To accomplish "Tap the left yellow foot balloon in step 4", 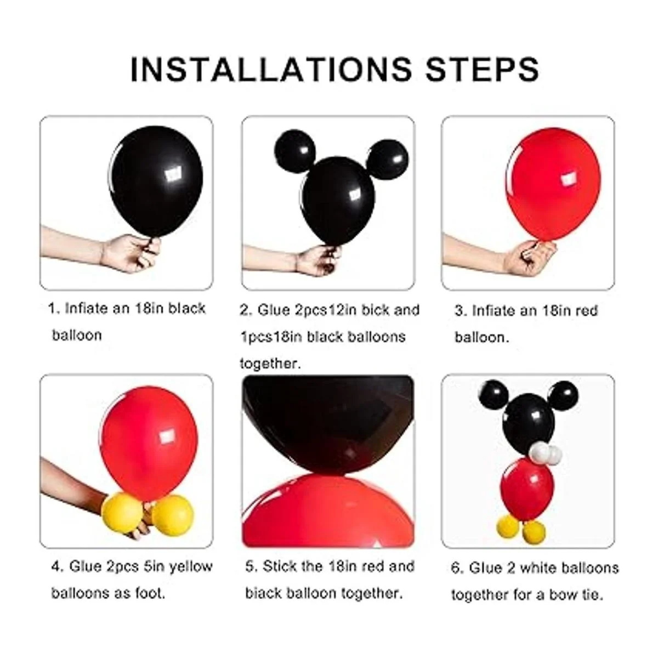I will coord(122,511).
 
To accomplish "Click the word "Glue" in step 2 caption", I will coord(274,310).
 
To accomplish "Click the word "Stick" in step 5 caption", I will coord(279,566).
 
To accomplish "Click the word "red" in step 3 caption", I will coord(586,310).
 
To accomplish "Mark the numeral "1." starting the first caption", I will coord(54,309).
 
